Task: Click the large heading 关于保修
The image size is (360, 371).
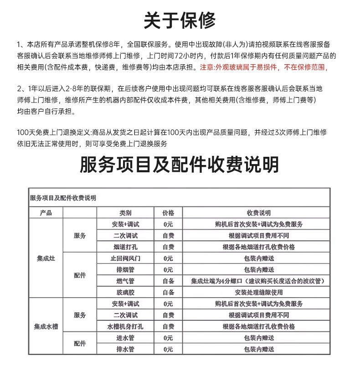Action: pyautogui.click(x=180, y=20)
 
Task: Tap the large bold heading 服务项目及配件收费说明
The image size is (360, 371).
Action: pyautogui.click(x=180, y=165)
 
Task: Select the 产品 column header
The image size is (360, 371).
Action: pyautogui.click(x=46, y=213)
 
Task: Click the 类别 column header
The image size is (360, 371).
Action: pyautogui.click(x=125, y=213)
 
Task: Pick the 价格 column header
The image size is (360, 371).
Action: pyautogui.click(x=168, y=213)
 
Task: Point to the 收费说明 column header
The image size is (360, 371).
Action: pyautogui.click(x=258, y=213)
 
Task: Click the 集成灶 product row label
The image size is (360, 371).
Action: pyautogui.click(x=46, y=258)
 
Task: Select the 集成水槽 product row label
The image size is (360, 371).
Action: pyautogui.click(x=46, y=327)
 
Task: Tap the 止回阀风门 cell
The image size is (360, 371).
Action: pyautogui.click(x=125, y=258)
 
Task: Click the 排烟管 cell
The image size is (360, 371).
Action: pyautogui.click(x=125, y=269)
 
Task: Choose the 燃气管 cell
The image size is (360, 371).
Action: pyautogui.click(x=125, y=281)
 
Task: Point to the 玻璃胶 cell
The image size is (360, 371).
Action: pyautogui.click(x=125, y=292)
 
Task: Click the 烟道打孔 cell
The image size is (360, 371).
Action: pyautogui.click(x=125, y=247)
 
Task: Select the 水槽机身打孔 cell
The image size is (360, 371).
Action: pyautogui.click(x=125, y=326)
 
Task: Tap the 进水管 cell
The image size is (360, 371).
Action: pyautogui.click(x=125, y=338)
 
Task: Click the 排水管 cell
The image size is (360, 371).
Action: pyautogui.click(x=125, y=349)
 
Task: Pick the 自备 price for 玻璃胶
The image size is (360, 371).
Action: pyautogui.click(x=168, y=292)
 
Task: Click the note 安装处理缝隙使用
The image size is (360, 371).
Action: pyautogui.click(x=258, y=292)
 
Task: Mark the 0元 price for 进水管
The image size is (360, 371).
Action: pyautogui.click(x=168, y=338)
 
